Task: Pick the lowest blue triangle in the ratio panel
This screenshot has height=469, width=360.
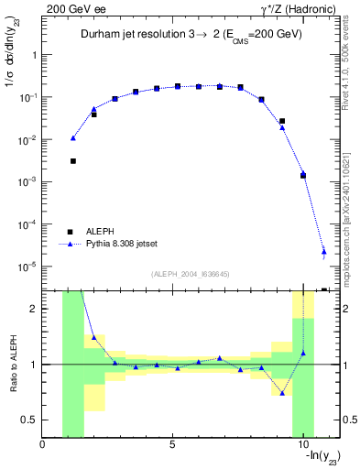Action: coord(282,393)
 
